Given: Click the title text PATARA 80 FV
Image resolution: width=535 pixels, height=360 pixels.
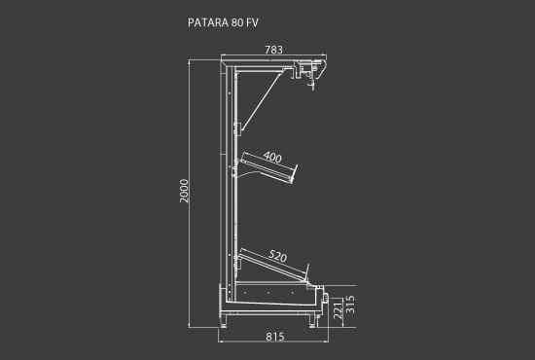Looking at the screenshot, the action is (223, 22).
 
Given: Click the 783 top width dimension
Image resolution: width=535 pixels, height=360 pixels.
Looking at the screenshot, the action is (273, 50).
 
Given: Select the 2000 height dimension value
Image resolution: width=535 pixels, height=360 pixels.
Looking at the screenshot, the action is (184, 191).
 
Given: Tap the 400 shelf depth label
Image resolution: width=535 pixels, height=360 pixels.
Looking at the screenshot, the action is (272, 157).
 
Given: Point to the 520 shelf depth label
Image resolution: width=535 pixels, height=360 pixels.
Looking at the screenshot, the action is (278, 256).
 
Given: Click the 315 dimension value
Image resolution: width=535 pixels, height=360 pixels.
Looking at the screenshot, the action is (350, 305).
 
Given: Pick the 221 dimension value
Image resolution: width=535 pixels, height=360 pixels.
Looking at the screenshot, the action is (338, 310).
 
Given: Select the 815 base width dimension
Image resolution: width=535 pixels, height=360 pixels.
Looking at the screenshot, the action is (274, 337).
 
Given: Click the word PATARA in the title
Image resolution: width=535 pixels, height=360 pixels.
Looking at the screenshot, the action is (208, 22).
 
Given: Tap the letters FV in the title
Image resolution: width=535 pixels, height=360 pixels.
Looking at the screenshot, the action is (253, 22).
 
